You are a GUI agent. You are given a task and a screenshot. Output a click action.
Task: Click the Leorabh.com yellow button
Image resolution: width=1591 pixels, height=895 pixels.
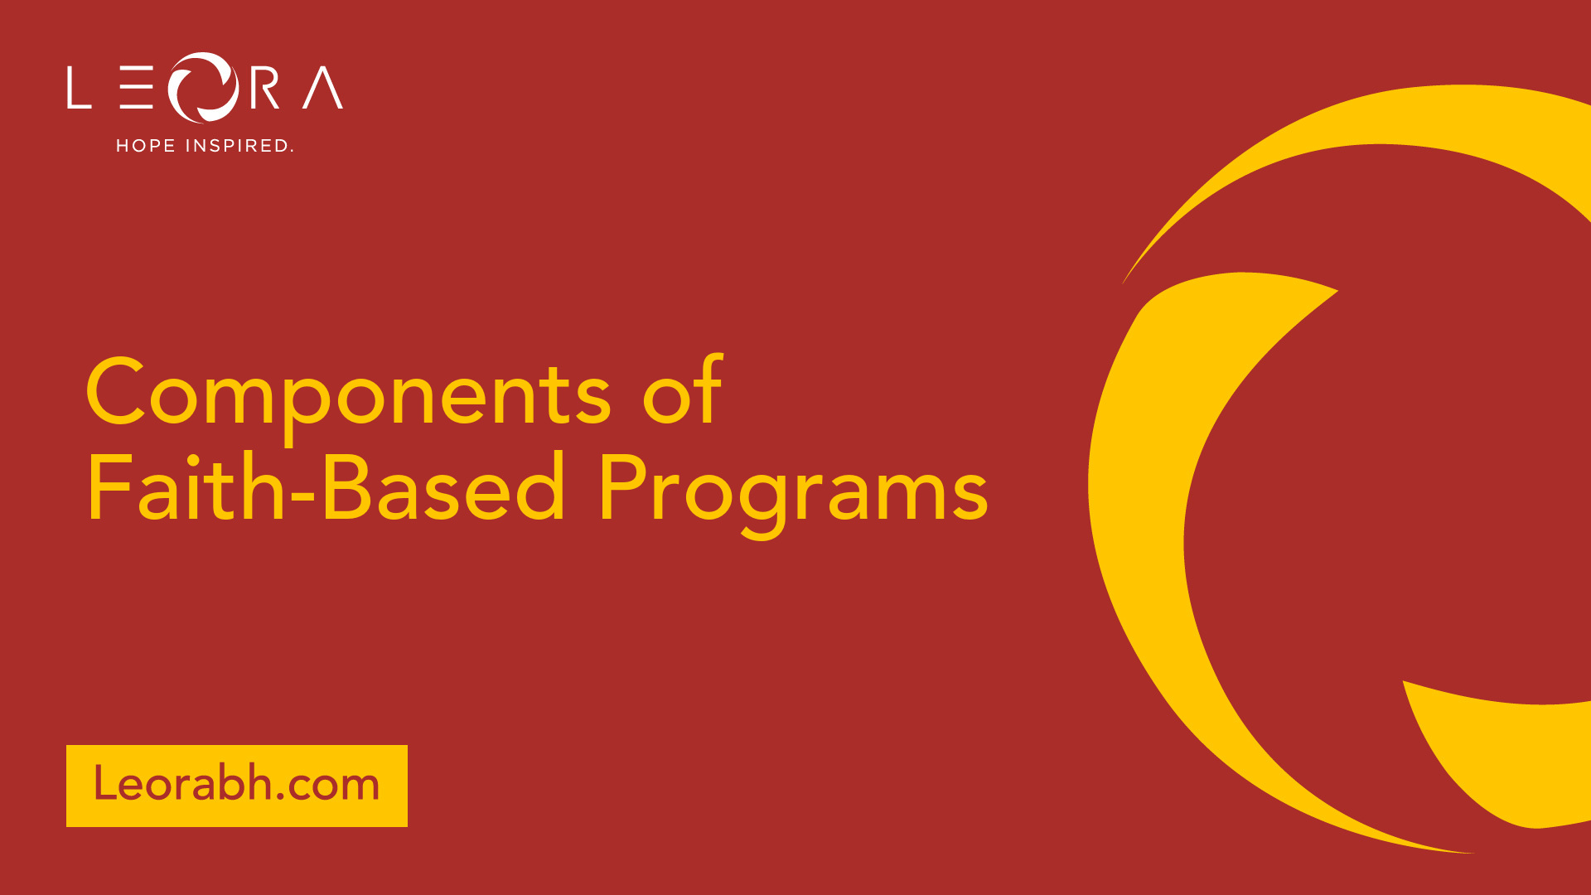pyautogui.click(x=237, y=786)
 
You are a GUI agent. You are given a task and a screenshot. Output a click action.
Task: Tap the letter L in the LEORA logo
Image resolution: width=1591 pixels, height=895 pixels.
pyautogui.click(x=79, y=88)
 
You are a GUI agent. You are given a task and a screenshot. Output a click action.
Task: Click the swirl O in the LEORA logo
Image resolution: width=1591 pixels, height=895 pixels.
pyautogui.click(x=204, y=88)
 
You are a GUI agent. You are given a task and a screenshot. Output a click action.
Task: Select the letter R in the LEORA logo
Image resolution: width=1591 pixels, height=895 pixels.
pyautogui.click(x=264, y=88)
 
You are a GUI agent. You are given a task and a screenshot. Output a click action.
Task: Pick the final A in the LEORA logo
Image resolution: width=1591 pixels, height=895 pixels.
pyautogui.click(x=323, y=88)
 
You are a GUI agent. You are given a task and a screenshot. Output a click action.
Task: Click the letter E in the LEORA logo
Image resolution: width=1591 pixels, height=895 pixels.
pyautogui.click(x=136, y=88)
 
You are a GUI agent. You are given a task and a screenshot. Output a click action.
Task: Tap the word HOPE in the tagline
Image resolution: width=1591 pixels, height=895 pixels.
pyautogui.click(x=146, y=146)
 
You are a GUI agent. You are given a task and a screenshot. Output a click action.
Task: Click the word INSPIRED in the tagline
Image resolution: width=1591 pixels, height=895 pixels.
pyautogui.click(x=239, y=146)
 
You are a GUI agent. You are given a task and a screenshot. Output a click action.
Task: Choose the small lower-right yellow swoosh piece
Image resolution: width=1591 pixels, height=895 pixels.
pyautogui.click(x=1492, y=762)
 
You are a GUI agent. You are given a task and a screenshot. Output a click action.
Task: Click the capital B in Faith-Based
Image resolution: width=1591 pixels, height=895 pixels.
pyautogui.click(x=346, y=487)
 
